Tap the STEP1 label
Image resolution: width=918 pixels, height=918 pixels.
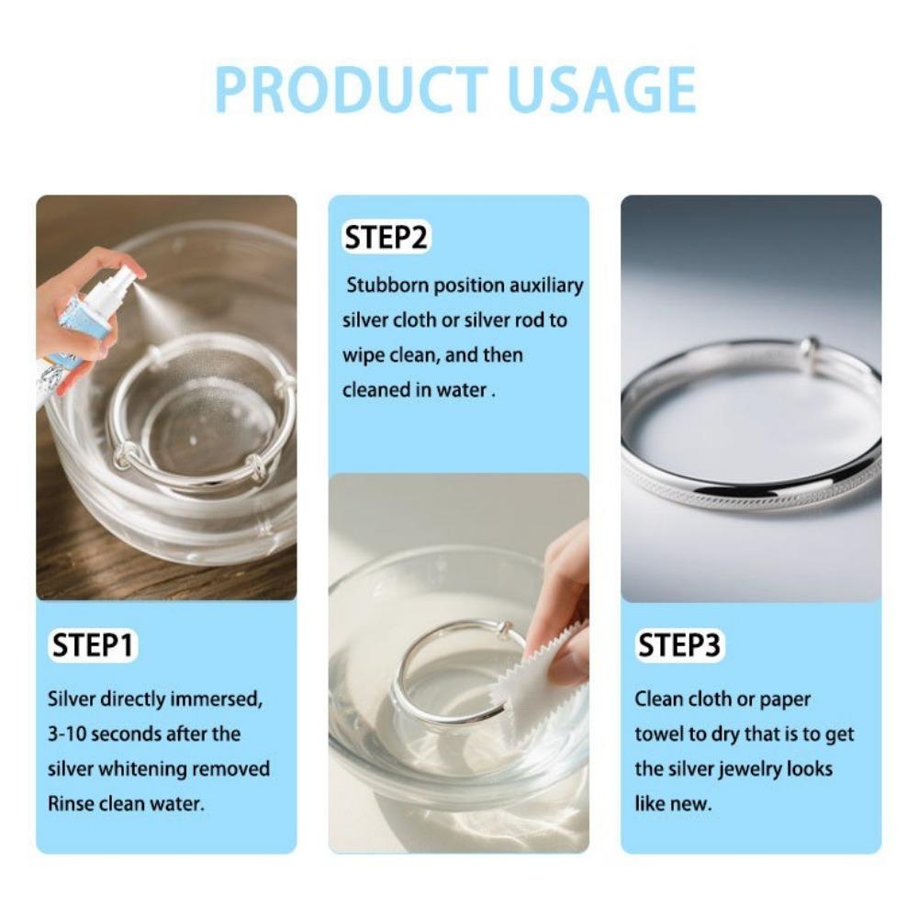[92, 645]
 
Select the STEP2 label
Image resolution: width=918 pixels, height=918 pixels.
[386, 238]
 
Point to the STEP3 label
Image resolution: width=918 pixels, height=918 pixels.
[678, 645]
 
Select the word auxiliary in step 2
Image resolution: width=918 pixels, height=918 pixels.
[545, 285]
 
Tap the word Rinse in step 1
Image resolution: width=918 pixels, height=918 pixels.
[67, 803]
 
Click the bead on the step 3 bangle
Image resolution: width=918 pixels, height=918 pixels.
[807, 347]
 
